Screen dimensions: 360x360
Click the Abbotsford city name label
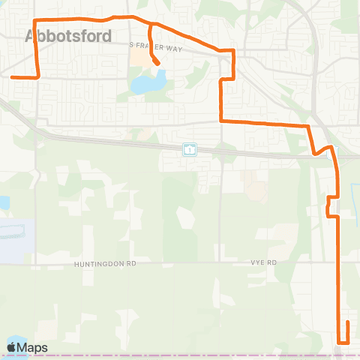pyautogui.click(x=68, y=36)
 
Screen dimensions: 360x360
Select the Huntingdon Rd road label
pyautogui.click(x=106, y=264)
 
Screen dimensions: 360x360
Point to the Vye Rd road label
pyautogui.click(x=264, y=263)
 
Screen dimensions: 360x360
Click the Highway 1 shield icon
pyautogui.click(x=190, y=149)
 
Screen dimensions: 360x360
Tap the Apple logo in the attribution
pyautogui.click(x=11, y=347)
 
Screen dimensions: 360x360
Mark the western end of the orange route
pyautogui.click(x=12, y=76)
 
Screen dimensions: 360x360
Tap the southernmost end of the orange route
pyautogui.click(x=347, y=322)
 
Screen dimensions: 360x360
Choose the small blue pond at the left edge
pyautogui.click(x=2, y=203)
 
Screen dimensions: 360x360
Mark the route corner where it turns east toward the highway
pyautogui.click(x=220, y=120)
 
